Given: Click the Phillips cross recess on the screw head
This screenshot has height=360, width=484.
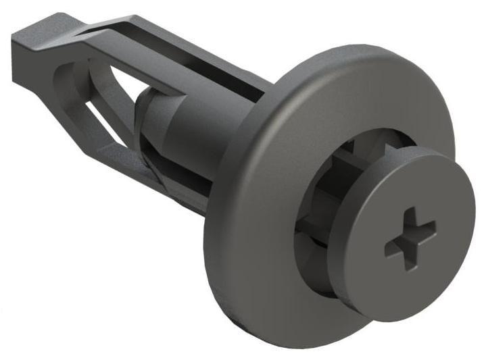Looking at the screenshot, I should (410, 239).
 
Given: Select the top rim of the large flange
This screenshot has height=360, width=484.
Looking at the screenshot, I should (338, 57).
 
